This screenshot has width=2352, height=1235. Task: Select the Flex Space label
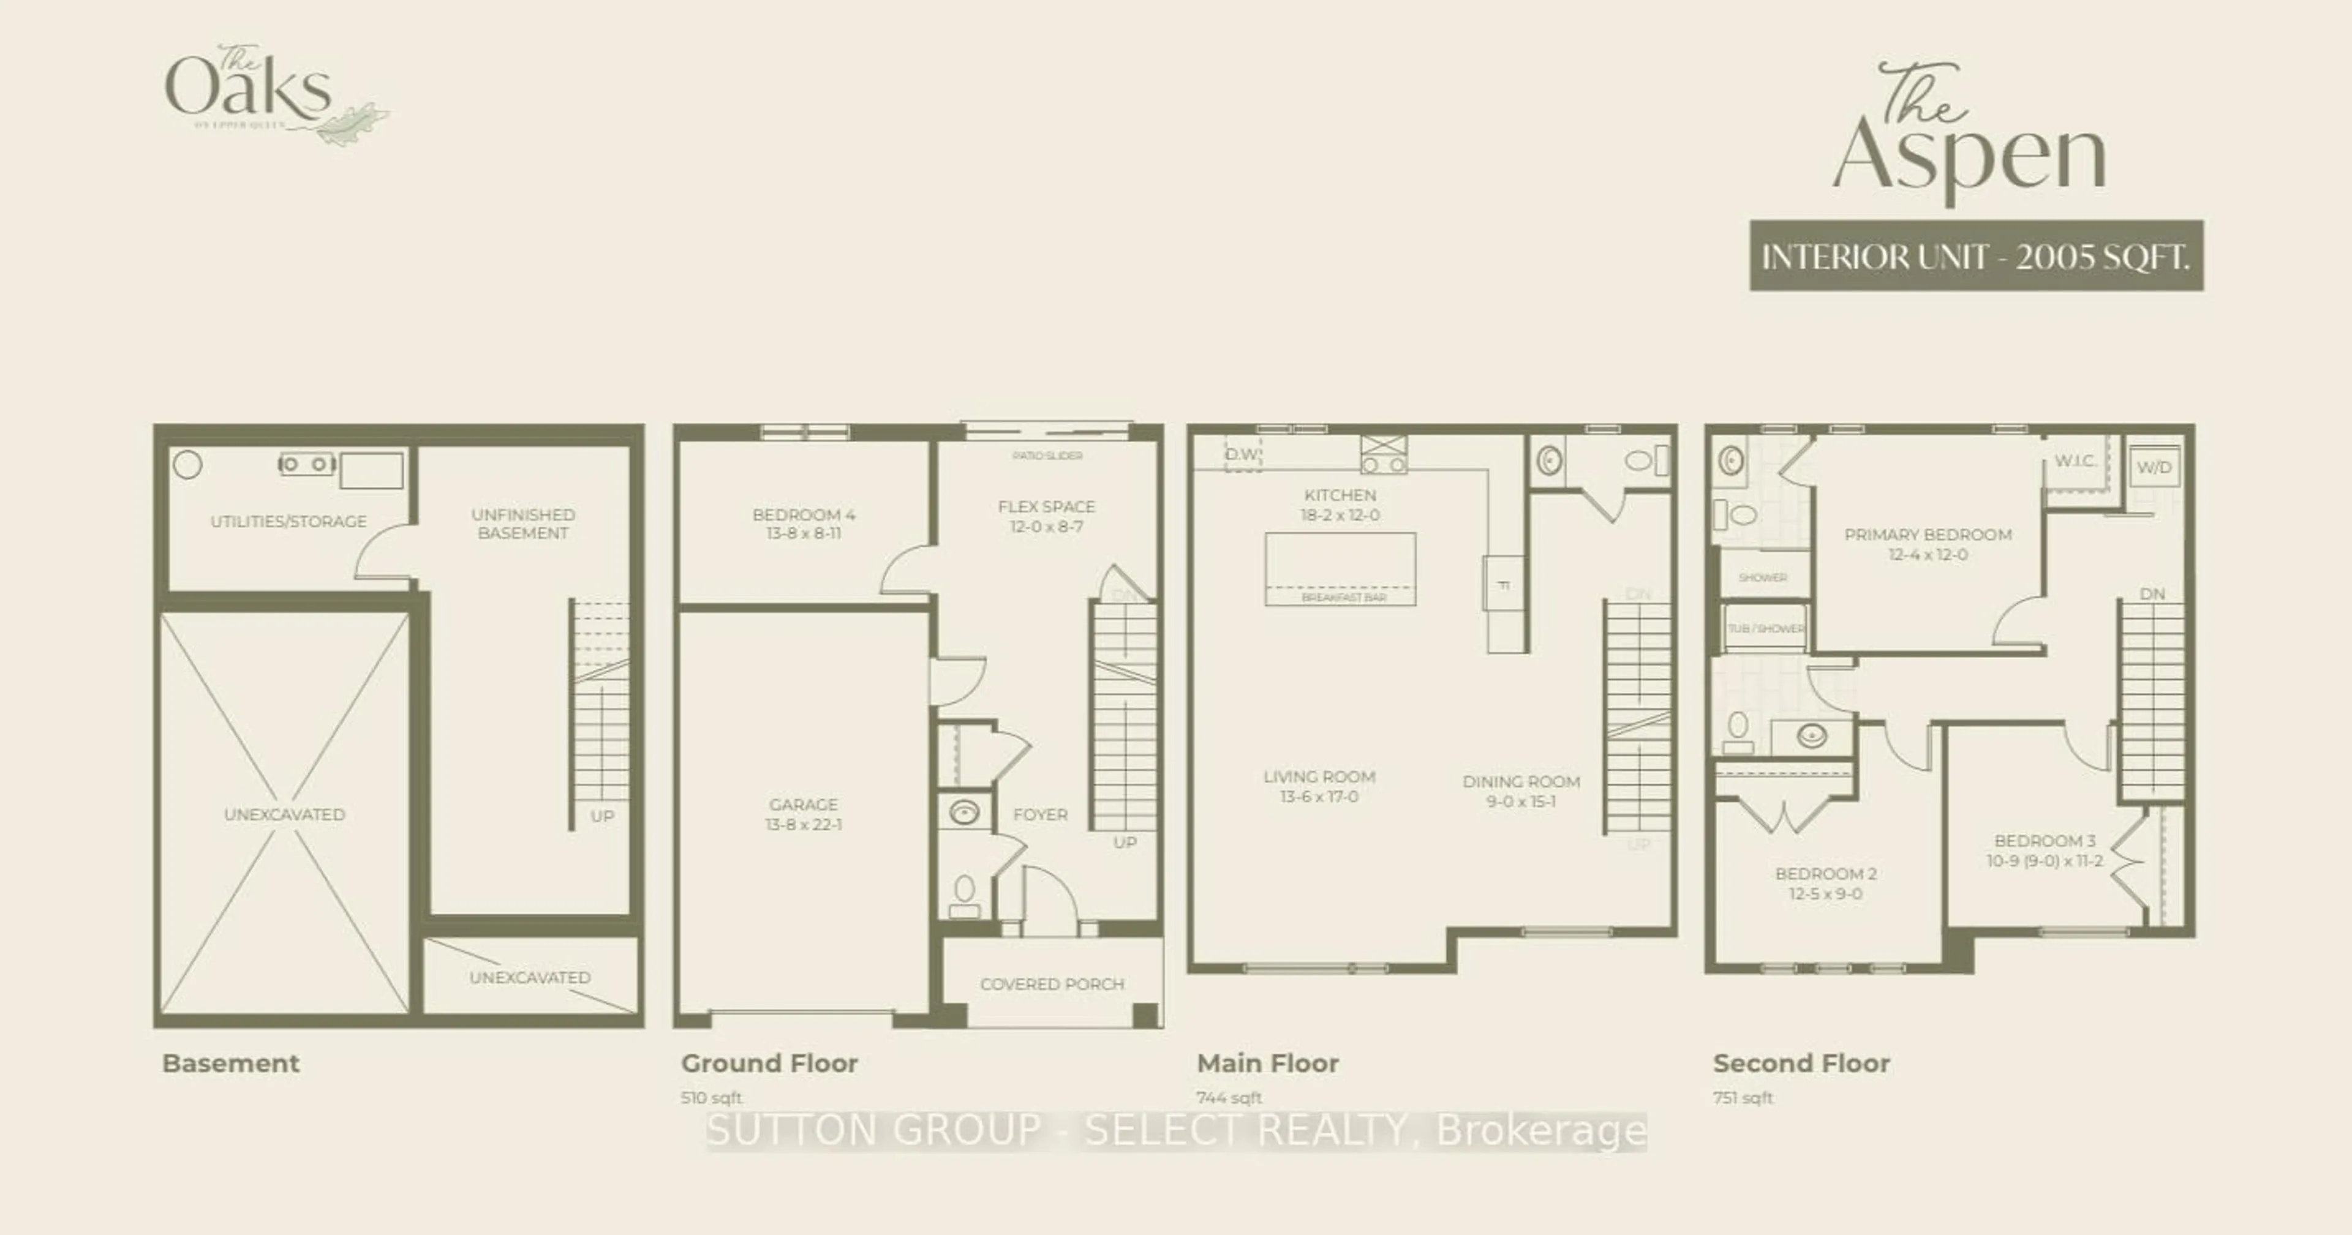[x=1046, y=506]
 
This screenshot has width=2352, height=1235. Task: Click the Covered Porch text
[x=1052, y=984]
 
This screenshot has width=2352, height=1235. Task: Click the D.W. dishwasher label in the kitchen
[x=1242, y=454]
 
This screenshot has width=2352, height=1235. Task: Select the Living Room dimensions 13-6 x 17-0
[x=1319, y=797]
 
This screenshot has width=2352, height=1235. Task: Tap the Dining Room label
[x=1521, y=781]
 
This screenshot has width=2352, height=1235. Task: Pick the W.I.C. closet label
[x=2075, y=461]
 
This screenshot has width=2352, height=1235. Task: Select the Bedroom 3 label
[x=2045, y=841]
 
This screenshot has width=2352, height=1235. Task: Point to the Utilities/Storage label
[x=288, y=521]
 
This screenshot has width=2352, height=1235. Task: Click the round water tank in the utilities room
[x=187, y=465]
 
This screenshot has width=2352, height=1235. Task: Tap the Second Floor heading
[x=1801, y=1064]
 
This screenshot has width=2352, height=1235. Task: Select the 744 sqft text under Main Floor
[x=1228, y=1097]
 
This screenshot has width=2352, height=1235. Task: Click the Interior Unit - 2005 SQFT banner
[x=1976, y=257]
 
